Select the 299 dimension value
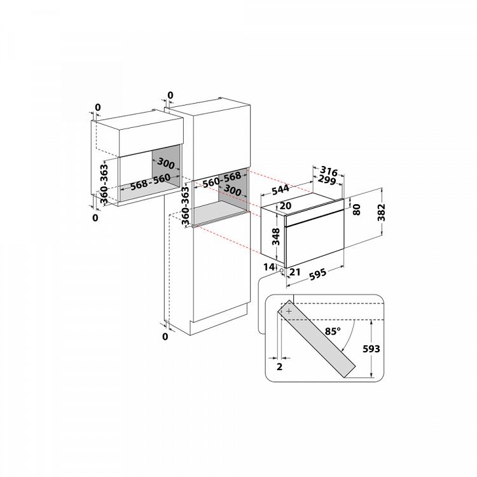coord(327,181)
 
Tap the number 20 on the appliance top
coord(285,205)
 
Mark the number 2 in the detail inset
coord(279,367)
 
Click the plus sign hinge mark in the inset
coord(289,312)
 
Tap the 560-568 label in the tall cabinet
coord(222,179)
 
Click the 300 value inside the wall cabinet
coord(167,165)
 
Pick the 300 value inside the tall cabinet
coord(232,190)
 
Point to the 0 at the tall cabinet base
coord(165,336)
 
